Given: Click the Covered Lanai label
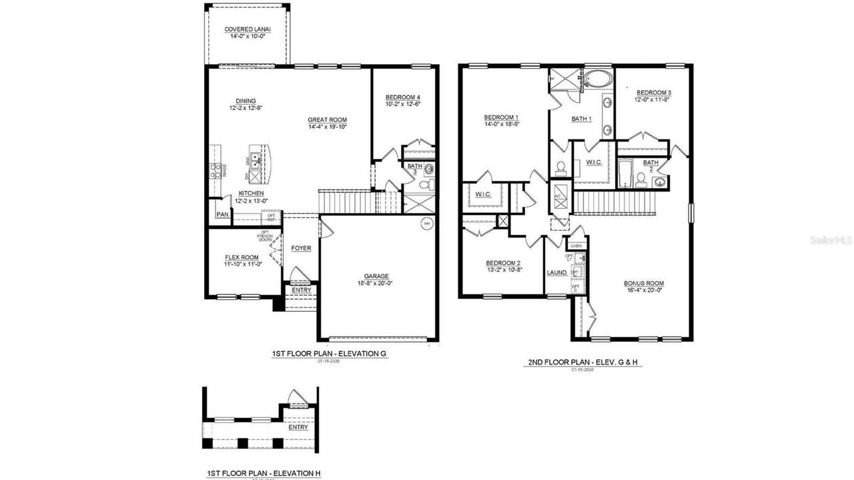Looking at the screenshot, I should [248, 29].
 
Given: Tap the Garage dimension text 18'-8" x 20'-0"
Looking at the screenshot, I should [376, 283].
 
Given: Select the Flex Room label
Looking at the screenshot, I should [242, 257].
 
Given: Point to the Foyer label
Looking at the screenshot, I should [301, 248].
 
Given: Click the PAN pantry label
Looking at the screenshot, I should [222, 215].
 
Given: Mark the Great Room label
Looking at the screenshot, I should [327, 119].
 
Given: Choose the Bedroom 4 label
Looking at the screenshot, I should [402, 97].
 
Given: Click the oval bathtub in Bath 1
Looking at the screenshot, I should [597, 81].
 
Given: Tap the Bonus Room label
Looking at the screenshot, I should [644, 283].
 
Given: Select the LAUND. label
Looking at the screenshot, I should [556, 273].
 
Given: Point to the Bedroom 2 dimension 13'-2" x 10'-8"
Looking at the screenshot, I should [503, 270].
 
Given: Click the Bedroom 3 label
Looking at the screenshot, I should [653, 92].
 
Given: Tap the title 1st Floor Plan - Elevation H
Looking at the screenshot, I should [263, 473].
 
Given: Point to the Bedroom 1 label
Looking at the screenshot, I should [502, 117].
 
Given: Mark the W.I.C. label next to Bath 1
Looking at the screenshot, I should [594, 162].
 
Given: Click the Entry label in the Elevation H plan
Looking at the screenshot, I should [298, 427].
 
